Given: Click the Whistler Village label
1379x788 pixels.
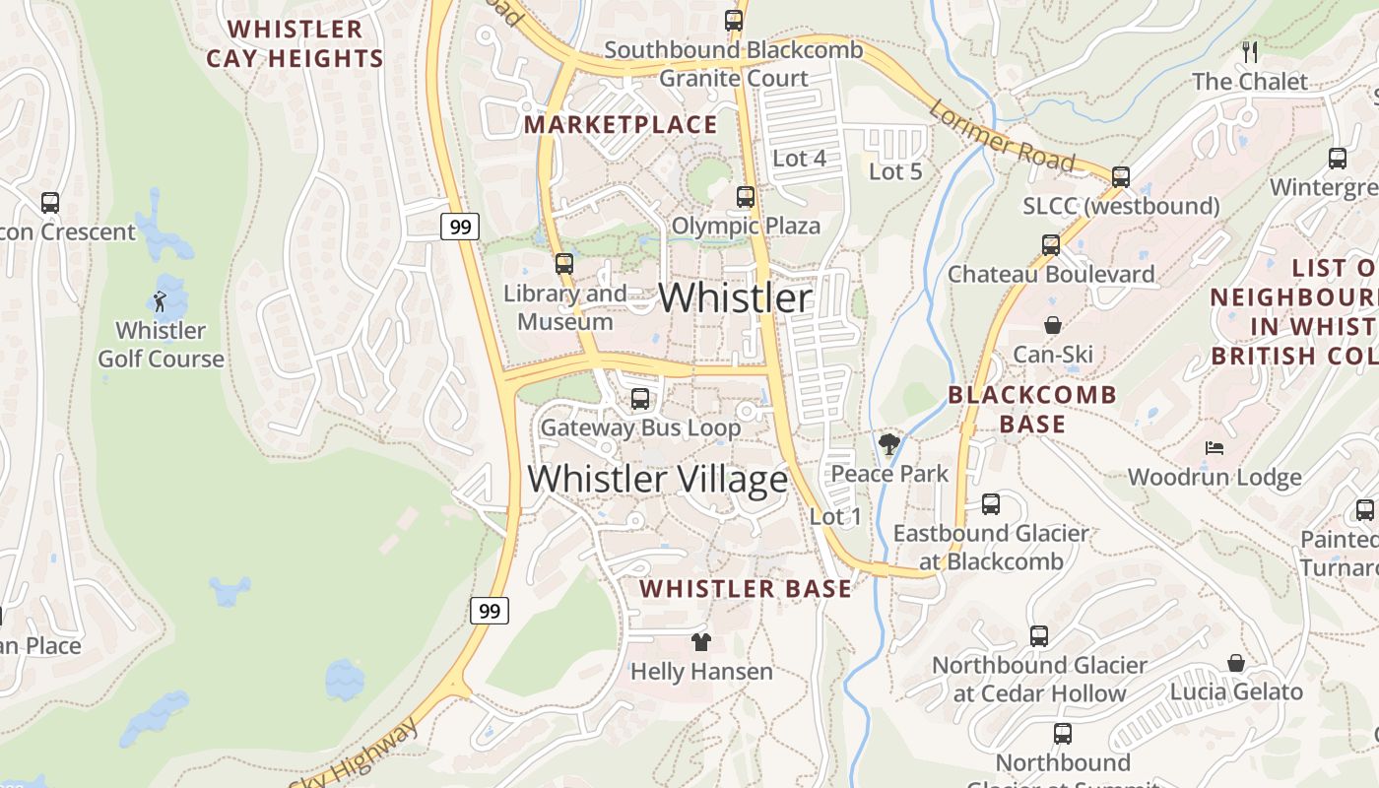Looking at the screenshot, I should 657,479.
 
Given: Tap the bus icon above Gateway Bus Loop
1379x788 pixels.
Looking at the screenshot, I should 640,399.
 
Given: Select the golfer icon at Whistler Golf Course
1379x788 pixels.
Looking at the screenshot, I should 161,301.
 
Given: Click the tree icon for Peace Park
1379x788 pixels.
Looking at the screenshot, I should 889,444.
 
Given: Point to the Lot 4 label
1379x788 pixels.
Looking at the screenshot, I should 799,158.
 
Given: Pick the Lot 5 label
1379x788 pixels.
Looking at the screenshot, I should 895,171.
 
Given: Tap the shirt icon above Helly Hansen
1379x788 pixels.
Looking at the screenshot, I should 700,642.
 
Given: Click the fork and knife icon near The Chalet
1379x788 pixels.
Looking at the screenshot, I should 1250,52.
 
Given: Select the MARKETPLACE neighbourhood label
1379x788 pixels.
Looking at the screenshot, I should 621,124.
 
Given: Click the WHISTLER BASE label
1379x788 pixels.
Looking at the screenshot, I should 746,589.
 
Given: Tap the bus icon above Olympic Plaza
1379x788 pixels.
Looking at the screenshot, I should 746,197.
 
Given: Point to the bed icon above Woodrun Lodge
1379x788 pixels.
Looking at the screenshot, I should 1215,448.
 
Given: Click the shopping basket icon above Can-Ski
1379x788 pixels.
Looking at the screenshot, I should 1053,325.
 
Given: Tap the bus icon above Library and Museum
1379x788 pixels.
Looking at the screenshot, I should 564,264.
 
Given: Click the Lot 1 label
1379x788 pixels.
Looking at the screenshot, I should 835,516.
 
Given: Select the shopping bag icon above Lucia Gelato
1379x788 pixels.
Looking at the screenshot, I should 1236,663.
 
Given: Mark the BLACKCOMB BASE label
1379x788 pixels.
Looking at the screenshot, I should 1032,410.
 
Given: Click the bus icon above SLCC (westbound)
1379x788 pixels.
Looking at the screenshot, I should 1121,177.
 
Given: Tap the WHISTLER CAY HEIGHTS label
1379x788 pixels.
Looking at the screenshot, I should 295,43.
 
